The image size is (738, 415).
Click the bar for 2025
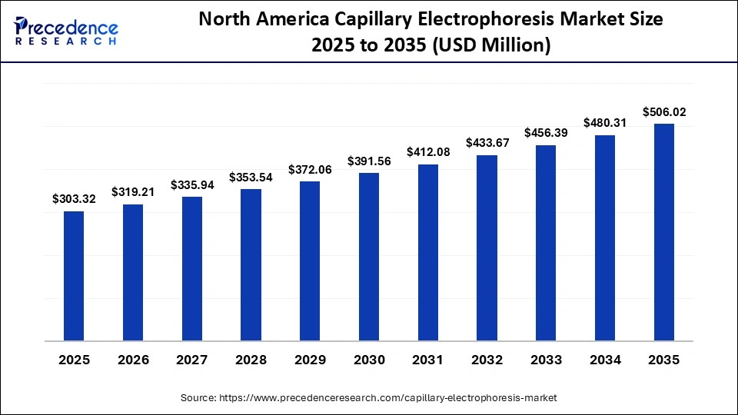click(74, 275)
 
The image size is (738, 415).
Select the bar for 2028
click(251, 264)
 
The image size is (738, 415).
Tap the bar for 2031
click(427, 252)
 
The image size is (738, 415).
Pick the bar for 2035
click(663, 231)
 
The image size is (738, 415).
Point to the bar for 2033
click(546, 242)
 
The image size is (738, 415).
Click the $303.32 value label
click(74, 199)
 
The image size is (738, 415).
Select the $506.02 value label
click(663, 112)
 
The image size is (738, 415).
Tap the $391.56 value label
click(369, 161)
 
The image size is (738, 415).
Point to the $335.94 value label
click(192, 185)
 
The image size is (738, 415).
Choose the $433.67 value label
click(487, 144)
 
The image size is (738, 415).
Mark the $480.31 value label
click(605, 123)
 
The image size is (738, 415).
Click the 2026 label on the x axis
click(133, 360)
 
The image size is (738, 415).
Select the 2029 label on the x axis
click(310, 360)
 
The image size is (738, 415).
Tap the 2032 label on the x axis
click(487, 360)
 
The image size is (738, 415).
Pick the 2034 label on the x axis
click(605, 360)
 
